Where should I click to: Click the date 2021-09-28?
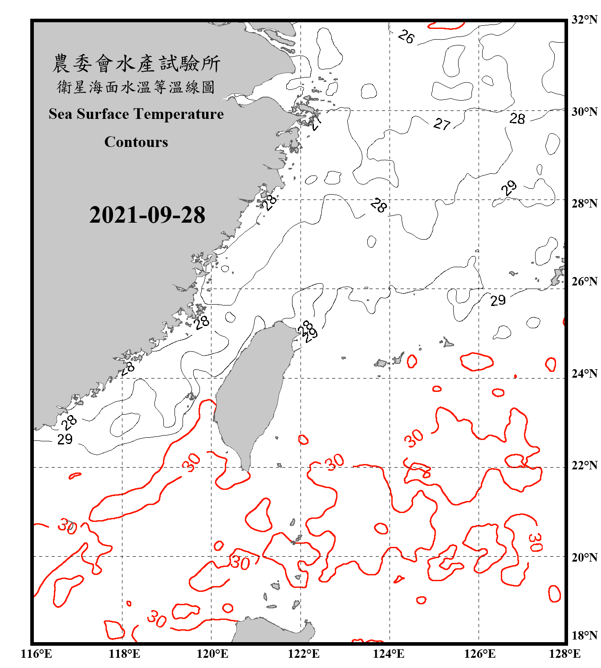coord(147,215)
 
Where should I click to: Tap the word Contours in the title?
coord(136,142)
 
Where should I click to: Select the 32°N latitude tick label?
coord(584,20)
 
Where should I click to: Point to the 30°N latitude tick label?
coord(584,112)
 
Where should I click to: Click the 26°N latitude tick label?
coord(584,281)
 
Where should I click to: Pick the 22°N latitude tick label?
coord(584,465)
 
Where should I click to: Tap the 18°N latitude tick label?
coord(584,635)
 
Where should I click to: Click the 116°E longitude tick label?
coord(36,654)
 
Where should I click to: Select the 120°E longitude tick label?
coord(212,654)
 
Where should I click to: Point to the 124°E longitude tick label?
coord(389,654)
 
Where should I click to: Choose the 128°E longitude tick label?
coord(564,654)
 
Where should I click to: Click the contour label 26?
coord(406,37)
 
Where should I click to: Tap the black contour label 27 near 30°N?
coord(442,124)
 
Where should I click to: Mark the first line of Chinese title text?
coord(136,64)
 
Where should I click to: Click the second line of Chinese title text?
coord(136,87)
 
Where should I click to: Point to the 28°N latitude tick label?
coord(584,204)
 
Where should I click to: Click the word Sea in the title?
coord(61,114)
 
